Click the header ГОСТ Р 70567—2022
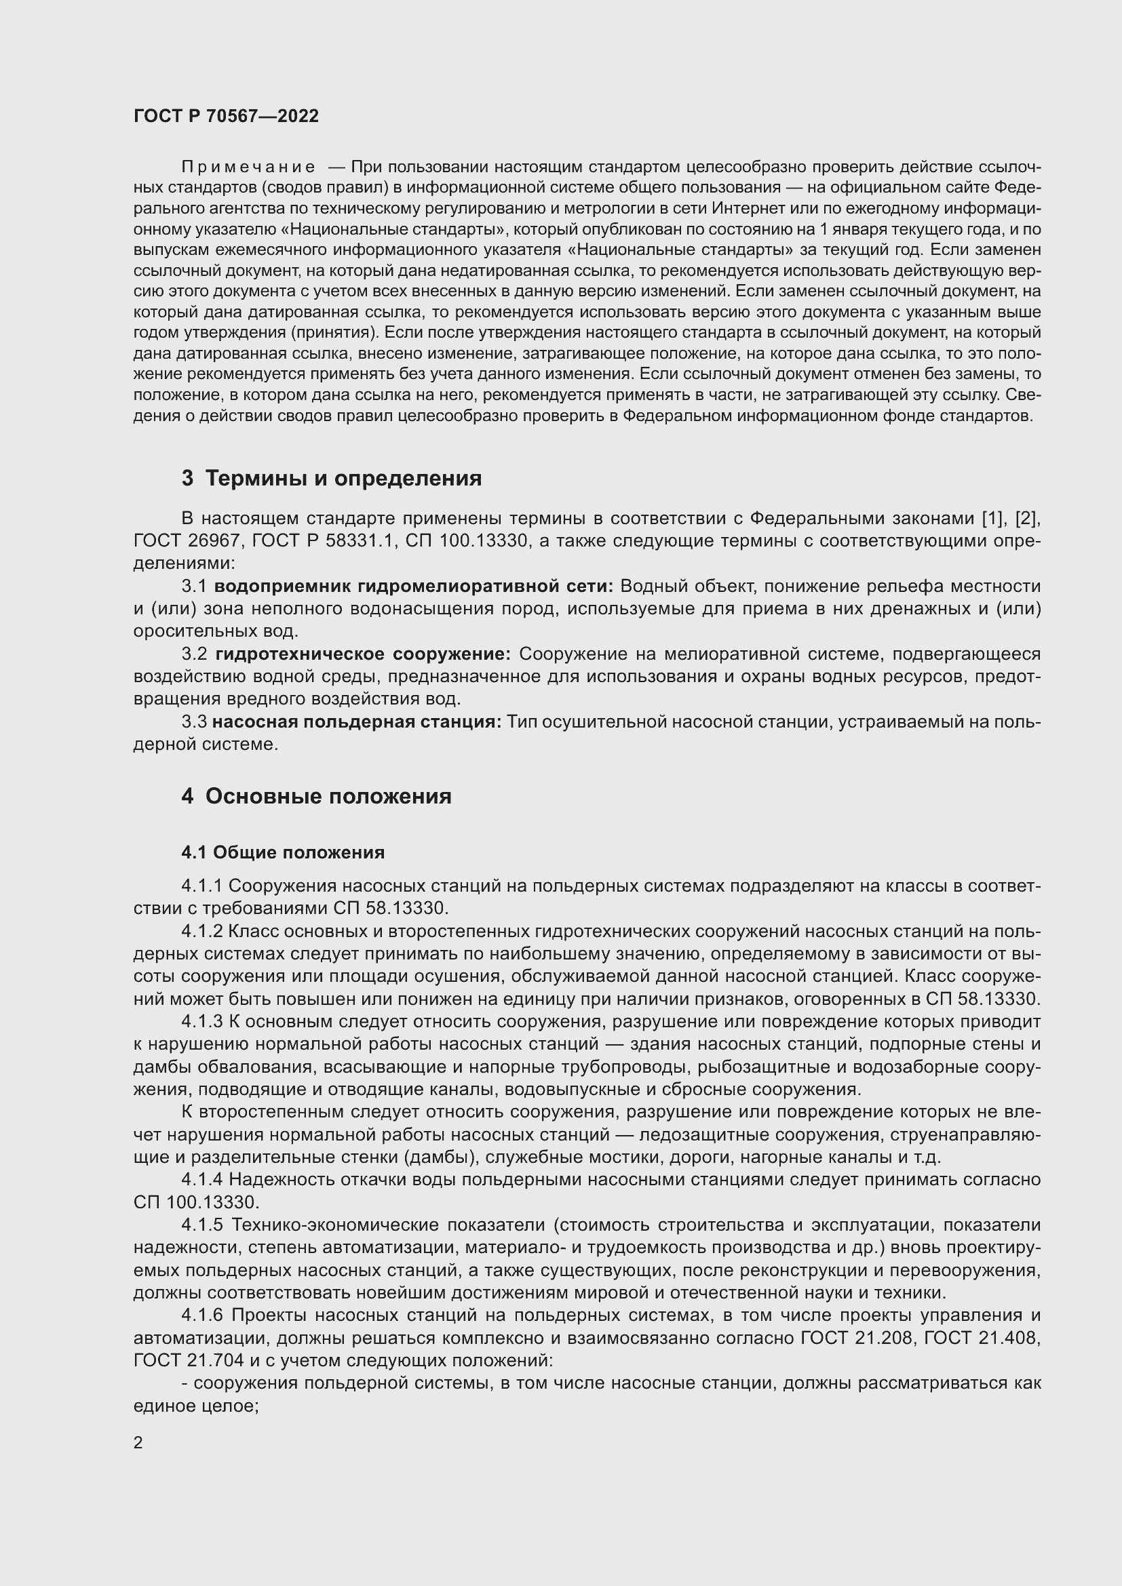(x=226, y=116)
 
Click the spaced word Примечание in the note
(x=248, y=167)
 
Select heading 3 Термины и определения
(x=332, y=478)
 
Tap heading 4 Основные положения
(x=316, y=797)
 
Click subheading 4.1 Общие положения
(x=283, y=852)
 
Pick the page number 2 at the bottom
(x=138, y=1443)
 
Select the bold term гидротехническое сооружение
(x=363, y=654)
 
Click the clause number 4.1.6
(x=202, y=1315)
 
